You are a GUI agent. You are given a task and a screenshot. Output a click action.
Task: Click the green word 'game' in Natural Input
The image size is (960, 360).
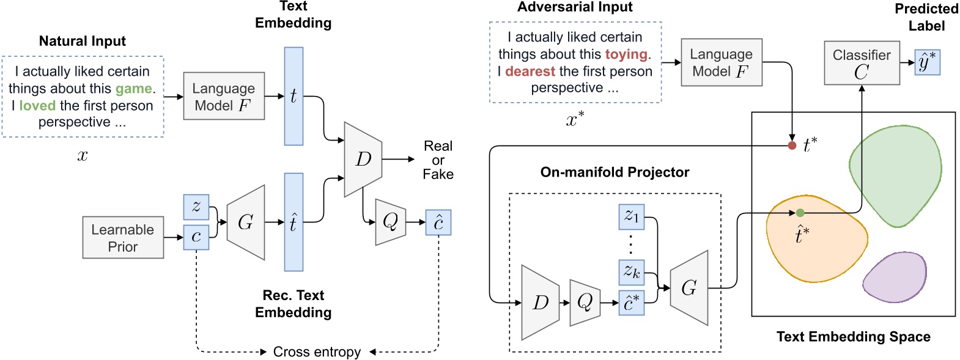pos(133,89)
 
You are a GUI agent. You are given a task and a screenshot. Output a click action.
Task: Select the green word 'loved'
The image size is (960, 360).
pos(37,106)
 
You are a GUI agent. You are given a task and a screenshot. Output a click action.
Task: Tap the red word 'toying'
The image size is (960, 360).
pos(626,54)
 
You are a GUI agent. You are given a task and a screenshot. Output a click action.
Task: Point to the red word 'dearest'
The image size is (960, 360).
pos(530,72)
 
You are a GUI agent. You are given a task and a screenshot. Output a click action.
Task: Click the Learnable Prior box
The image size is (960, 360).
pos(123,238)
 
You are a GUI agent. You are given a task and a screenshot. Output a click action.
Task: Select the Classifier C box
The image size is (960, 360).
pos(862,64)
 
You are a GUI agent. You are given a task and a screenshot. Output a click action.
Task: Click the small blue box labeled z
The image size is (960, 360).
pos(196,207)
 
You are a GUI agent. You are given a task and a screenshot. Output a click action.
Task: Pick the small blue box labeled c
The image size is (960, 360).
pos(196,237)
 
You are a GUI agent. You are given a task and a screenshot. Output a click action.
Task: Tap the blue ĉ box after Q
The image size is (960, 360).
pos(438,222)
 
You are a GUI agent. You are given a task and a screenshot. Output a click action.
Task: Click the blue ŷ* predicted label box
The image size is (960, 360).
pos(927,62)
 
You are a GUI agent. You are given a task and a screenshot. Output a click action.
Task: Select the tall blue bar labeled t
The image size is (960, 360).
pos(294,96)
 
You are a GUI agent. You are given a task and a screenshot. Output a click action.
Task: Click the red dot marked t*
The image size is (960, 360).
pos(792,145)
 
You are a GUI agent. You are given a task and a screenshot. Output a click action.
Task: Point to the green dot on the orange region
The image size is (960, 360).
pos(800,213)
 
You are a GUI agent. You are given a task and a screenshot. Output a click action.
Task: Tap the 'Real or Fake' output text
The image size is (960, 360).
pos(438,160)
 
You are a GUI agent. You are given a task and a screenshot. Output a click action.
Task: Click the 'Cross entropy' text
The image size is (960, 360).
pos(317,352)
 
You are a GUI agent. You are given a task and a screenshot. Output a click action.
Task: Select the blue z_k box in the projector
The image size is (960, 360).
pos(632,271)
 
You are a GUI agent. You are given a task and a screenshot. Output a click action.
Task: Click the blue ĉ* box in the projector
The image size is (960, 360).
pos(632,303)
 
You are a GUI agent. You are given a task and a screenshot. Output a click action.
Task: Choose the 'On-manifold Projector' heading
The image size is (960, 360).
pos(615,172)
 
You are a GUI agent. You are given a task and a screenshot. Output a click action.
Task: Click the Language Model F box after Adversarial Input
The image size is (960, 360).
pos(722,62)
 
